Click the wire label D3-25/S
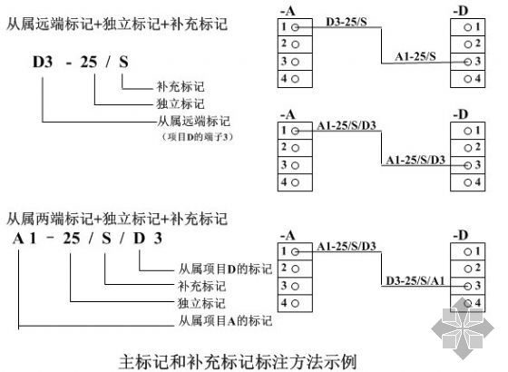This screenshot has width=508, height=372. pyautogui.click(x=346, y=22)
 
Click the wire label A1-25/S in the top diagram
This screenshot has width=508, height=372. pyautogui.click(x=415, y=56)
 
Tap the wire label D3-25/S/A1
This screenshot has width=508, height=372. pyautogui.click(x=415, y=280)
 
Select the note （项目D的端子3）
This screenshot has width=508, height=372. pyautogui.click(x=197, y=137)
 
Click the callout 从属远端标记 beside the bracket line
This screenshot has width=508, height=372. pyautogui.click(x=193, y=122)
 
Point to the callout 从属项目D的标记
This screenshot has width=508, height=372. pyautogui.click(x=225, y=269)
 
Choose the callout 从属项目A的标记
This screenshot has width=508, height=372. pyautogui.click(x=225, y=321)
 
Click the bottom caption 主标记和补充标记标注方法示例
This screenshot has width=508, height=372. pyautogui.click(x=238, y=362)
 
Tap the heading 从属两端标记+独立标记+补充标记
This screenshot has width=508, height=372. pyautogui.click(x=117, y=219)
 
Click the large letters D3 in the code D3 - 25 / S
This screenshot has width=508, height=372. pyautogui.click(x=43, y=62)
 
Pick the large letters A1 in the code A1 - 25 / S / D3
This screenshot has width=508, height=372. pyautogui.click(x=24, y=239)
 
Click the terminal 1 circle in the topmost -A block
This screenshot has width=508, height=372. pyautogui.click(x=295, y=27)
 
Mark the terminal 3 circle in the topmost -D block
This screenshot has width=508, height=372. pyautogui.click(x=467, y=62)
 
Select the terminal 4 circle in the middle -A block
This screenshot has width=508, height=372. pyautogui.click(x=295, y=182)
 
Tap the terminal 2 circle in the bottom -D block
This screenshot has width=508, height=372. pyautogui.click(x=467, y=269)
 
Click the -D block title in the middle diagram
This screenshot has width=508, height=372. pyautogui.click(x=461, y=114)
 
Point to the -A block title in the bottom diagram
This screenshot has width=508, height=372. pyautogui.click(x=288, y=235)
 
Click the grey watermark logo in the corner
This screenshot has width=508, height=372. pyautogui.click(x=463, y=328)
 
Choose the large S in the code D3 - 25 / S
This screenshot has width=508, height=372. pyautogui.click(x=123, y=62)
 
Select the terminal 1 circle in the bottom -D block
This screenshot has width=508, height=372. pyautogui.click(x=467, y=251)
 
